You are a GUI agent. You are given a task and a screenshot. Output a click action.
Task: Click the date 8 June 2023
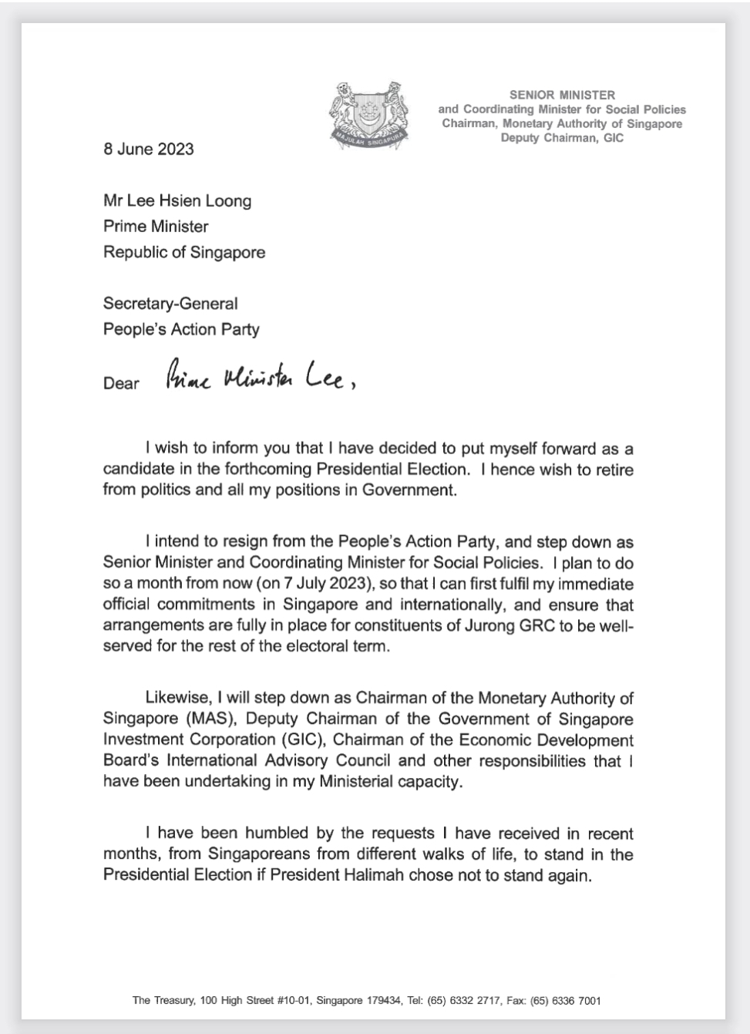(149, 149)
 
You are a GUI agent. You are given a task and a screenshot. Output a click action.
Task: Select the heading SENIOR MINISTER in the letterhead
(562, 95)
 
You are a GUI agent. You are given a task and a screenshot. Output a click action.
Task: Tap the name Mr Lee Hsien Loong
(177, 201)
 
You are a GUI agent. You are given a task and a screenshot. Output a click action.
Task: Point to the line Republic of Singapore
(184, 252)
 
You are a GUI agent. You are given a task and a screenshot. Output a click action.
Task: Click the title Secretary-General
(170, 304)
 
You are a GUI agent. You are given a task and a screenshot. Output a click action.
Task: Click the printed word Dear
(121, 383)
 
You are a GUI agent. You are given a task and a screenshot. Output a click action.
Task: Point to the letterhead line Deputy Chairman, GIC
(562, 138)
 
